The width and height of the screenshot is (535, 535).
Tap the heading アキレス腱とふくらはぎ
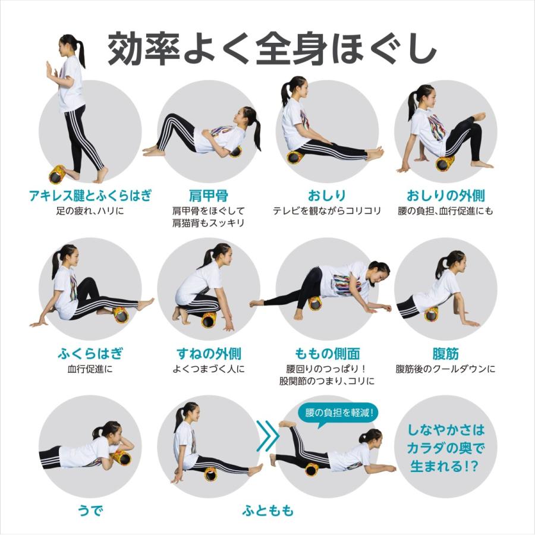(x=90, y=195)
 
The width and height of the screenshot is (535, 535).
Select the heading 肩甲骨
(x=208, y=195)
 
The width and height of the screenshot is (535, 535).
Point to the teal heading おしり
(x=326, y=195)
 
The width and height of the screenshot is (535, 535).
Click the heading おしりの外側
(x=445, y=195)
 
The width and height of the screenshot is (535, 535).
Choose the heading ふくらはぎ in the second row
(x=90, y=354)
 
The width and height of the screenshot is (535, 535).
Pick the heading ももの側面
(x=327, y=354)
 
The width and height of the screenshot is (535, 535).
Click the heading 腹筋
(x=445, y=354)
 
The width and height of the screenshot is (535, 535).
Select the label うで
(x=90, y=510)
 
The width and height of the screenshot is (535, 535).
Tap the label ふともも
(x=268, y=510)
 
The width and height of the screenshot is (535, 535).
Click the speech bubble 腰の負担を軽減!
(x=338, y=413)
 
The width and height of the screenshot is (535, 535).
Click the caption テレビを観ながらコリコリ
(x=326, y=211)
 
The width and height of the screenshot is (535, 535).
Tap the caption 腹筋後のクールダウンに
(x=445, y=369)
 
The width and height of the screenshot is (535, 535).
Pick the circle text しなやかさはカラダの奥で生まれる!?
(x=446, y=446)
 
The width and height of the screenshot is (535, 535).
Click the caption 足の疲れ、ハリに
(x=90, y=211)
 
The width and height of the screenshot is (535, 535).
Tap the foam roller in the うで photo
(x=121, y=457)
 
